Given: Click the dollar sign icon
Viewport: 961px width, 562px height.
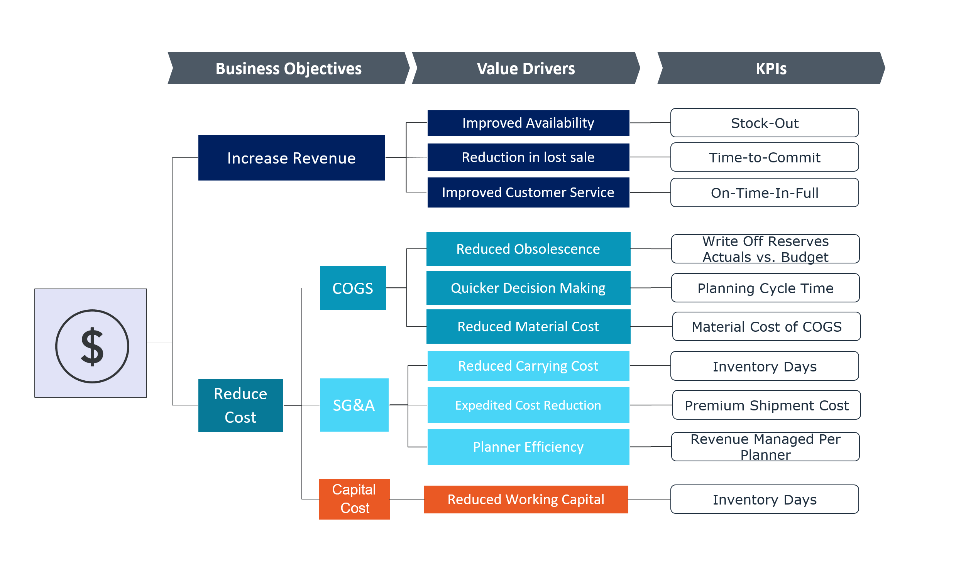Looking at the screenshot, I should (92, 346).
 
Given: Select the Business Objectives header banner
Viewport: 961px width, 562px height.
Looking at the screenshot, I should (288, 68).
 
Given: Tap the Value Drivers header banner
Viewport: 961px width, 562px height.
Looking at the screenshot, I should (526, 68).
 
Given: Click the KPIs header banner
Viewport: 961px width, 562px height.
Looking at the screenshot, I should (771, 68).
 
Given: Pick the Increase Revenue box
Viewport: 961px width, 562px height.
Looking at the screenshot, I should (291, 158).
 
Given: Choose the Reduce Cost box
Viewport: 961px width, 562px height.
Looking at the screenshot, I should (240, 405).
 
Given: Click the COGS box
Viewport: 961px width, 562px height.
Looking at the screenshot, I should (353, 288).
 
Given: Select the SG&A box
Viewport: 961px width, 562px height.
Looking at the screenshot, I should (354, 405).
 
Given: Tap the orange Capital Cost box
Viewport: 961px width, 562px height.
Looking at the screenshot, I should (354, 499).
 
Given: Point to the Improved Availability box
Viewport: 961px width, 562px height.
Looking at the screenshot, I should (528, 123).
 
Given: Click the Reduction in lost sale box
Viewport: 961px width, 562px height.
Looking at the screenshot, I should (528, 157).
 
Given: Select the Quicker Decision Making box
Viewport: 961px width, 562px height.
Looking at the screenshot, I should (528, 288).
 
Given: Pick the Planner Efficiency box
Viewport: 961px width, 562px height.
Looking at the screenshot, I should (528, 447).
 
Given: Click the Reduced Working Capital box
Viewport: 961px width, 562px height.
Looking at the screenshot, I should (526, 499).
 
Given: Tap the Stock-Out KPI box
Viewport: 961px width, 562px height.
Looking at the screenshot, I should (765, 123).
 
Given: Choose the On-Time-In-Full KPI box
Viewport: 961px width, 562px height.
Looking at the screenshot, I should (765, 192).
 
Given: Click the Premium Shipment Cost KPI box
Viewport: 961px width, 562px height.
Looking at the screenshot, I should (766, 405).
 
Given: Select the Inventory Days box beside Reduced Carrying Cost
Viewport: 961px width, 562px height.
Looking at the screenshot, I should (765, 366).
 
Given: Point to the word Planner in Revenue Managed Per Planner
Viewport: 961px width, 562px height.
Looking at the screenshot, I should (765, 455).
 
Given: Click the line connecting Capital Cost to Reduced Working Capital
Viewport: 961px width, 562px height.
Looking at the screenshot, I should (407, 499).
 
